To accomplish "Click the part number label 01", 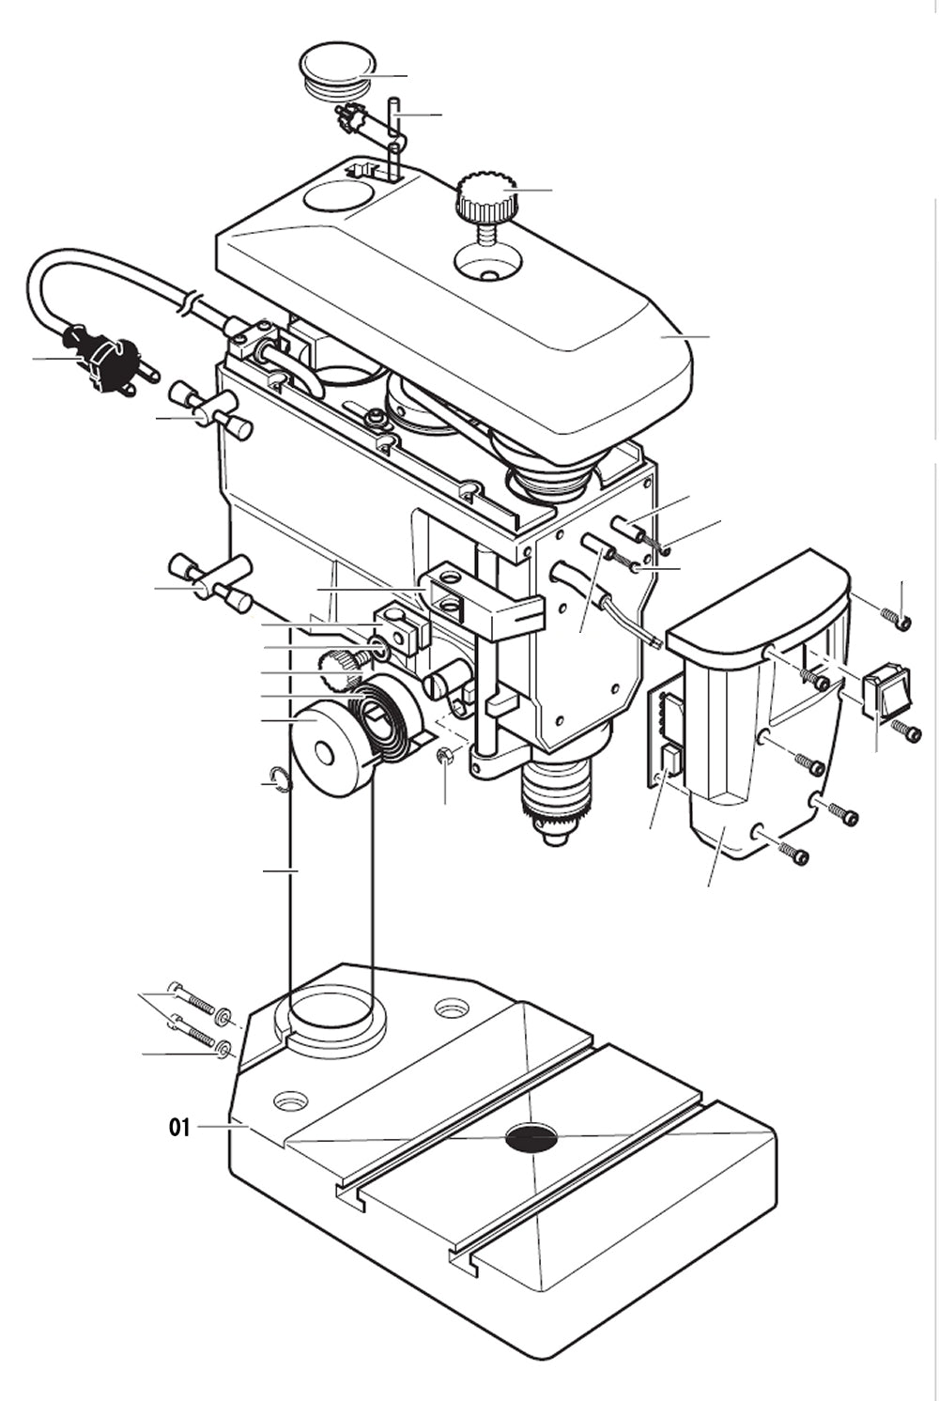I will tap(179, 1127).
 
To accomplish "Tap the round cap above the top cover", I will tap(335, 69).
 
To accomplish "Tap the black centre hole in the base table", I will tap(531, 1138).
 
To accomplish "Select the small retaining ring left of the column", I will tap(277, 777).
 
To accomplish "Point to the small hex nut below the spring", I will tap(446, 756).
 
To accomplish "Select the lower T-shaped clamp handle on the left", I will tap(208, 581).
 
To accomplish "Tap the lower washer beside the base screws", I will tap(223, 1048).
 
